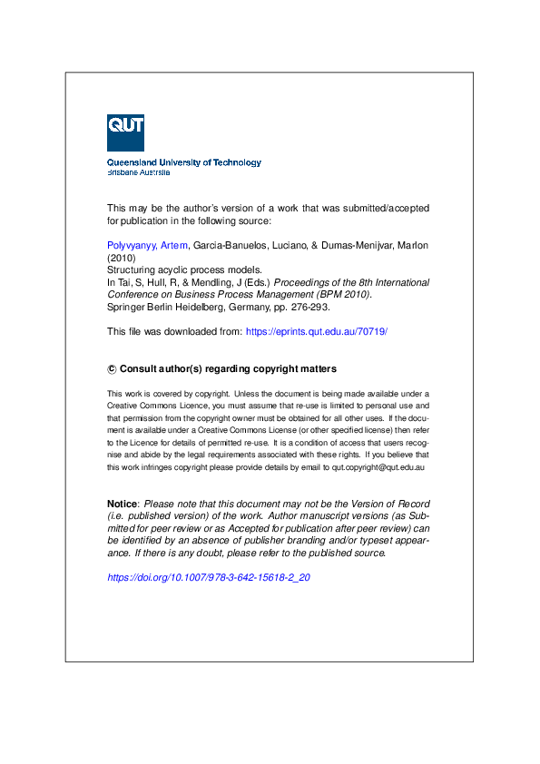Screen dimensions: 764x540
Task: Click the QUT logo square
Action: tap(125, 132)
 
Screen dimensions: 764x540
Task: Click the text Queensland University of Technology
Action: tap(184, 162)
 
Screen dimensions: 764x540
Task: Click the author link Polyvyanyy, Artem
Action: tap(147, 245)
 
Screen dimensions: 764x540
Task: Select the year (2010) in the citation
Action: tap(120, 257)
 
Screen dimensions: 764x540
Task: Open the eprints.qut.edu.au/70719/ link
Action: tap(317, 331)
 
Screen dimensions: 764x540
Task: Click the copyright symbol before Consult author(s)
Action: tap(113, 369)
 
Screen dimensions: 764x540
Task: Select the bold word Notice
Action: tap(122, 504)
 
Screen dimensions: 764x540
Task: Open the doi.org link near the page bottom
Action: tap(209, 577)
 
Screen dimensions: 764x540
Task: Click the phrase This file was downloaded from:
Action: tap(174, 331)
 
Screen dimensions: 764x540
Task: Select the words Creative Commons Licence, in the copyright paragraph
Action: tap(159, 406)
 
